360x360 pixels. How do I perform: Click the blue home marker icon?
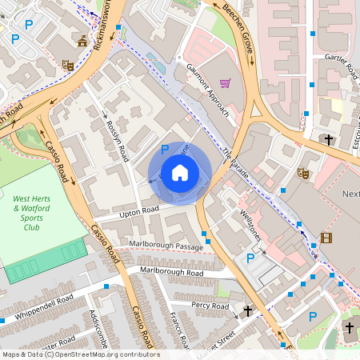pyautogui.click(x=180, y=172)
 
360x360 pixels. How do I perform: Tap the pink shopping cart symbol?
pyautogui.click(x=226, y=82)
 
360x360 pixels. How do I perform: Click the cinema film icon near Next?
pyautogui.click(x=326, y=237)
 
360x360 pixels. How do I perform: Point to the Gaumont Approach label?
pyautogui.click(x=207, y=92)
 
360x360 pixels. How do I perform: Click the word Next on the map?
pyautogui.click(x=350, y=194)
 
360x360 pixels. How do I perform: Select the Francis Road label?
pyautogui.click(x=178, y=330)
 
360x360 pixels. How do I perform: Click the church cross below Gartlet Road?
pyautogui.click(x=329, y=139)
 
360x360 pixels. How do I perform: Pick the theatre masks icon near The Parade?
pyautogui.click(x=303, y=172)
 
